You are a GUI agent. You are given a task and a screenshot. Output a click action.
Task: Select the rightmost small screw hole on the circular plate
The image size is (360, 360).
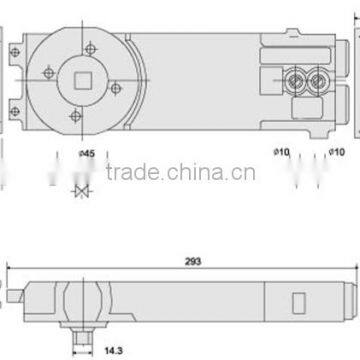tap(115, 88)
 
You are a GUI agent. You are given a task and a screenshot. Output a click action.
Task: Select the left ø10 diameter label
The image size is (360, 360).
tap(280, 152)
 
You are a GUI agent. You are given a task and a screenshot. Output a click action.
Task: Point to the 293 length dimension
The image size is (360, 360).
tap(193, 261)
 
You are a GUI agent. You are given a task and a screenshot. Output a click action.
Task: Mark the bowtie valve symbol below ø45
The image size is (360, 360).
tap(83, 190)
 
